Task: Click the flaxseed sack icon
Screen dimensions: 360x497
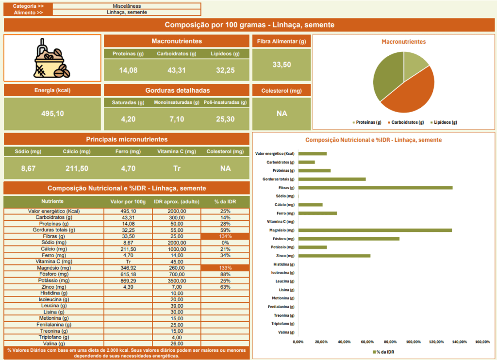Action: (x=52, y=58)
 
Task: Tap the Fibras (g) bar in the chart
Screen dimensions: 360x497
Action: (x=375, y=188)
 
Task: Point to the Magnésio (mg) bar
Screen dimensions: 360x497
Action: (x=375, y=230)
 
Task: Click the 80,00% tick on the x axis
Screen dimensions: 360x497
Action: (x=389, y=342)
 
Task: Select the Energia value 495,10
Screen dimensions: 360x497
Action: (x=52, y=114)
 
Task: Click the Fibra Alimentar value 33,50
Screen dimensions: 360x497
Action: (x=282, y=65)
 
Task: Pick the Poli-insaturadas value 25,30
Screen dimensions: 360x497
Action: (x=226, y=119)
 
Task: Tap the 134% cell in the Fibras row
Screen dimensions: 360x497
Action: (x=225, y=236)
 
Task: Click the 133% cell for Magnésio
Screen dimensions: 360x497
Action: (x=225, y=268)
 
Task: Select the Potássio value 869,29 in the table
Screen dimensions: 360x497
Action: (x=128, y=280)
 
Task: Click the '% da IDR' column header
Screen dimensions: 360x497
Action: (x=225, y=201)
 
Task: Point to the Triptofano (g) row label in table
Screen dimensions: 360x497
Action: (x=54, y=337)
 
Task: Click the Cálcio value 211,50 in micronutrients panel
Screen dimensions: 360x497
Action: (x=77, y=169)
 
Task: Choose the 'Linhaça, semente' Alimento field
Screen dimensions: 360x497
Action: (x=127, y=13)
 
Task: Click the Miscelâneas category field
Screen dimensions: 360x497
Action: (x=127, y=6)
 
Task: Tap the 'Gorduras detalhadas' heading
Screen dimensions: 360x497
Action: (x=177, y=90)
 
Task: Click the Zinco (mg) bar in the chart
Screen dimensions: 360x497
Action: (x=334, y=256)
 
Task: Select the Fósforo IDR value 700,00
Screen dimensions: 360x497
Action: (x=177, y=274)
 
